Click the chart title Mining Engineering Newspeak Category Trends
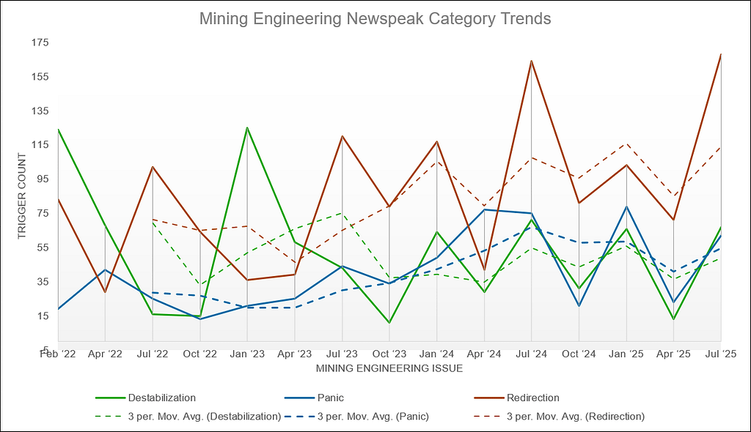(x=375, y=19)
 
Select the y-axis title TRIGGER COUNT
(x=21, y=196)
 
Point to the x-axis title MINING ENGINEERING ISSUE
(x=389, y=368)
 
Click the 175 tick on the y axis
(x=39, y=42)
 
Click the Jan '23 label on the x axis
(x=247, y=354)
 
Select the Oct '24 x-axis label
(x=579, y=354)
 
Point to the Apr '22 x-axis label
(x=105, y=354)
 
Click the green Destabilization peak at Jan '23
(x=247, y=127)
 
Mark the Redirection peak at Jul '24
(x=531, y=61)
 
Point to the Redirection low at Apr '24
(x=484, y=271)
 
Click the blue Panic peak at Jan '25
(x=626, y=206)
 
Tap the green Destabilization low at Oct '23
(x=389, y=322)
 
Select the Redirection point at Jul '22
(x=153, y=167)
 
